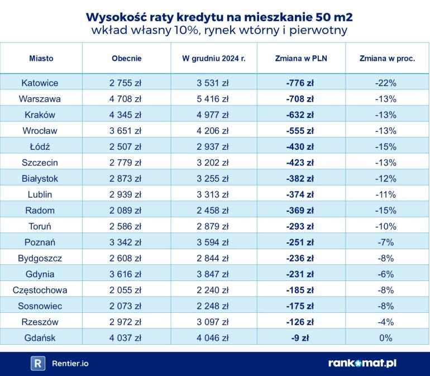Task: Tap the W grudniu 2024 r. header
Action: [x=214, y=58]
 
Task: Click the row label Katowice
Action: [x=40, y=83]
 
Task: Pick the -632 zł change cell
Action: [x=299, y=115]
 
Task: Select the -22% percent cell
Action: [x=385, y=83]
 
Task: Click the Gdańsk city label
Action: [x=40, y=337]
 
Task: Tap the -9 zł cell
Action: [x=300, y=337]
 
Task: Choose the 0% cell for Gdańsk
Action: [x=385, y=337]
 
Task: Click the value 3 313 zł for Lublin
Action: [x=214, y=194]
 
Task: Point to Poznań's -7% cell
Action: [x=385, y=242]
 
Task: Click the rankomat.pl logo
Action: [x=362, y=363]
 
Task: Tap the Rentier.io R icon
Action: [x=37, y=363]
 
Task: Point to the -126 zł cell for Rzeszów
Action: [x=300, y=322]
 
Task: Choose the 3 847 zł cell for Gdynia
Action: [x=214, y=274]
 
